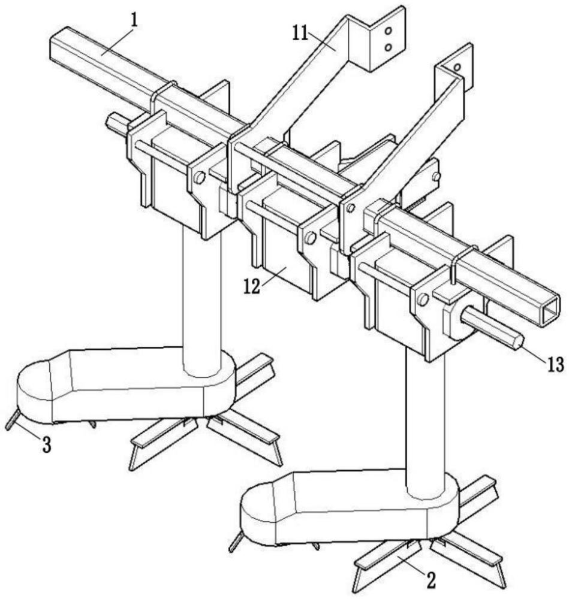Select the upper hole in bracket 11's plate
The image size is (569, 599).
(388, 31)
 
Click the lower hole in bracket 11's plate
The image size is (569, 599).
(388, 46)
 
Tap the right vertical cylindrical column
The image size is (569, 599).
(425, 419)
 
